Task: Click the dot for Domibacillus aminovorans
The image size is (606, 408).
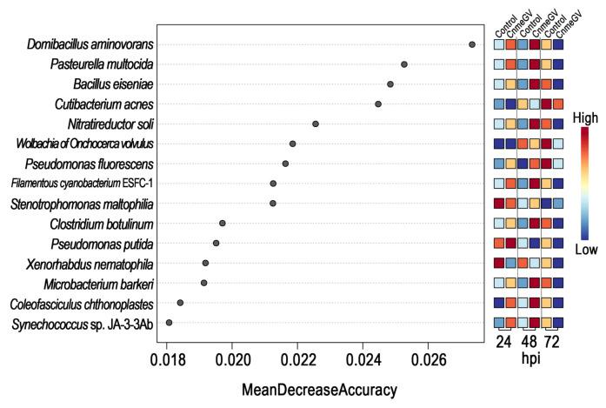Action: pos(472,43)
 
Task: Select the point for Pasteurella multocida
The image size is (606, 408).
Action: pos(404,64)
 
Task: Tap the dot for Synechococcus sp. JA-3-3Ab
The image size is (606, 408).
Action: pos(169,323)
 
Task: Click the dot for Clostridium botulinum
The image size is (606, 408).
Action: pos(223,224)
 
